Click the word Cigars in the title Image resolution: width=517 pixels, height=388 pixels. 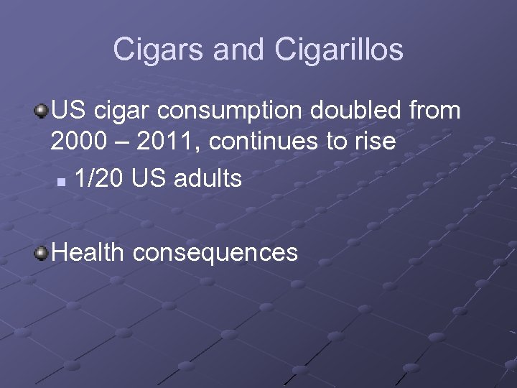152,50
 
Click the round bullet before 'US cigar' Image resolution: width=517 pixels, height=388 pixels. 42,111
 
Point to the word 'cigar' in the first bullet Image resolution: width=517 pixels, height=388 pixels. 121,112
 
